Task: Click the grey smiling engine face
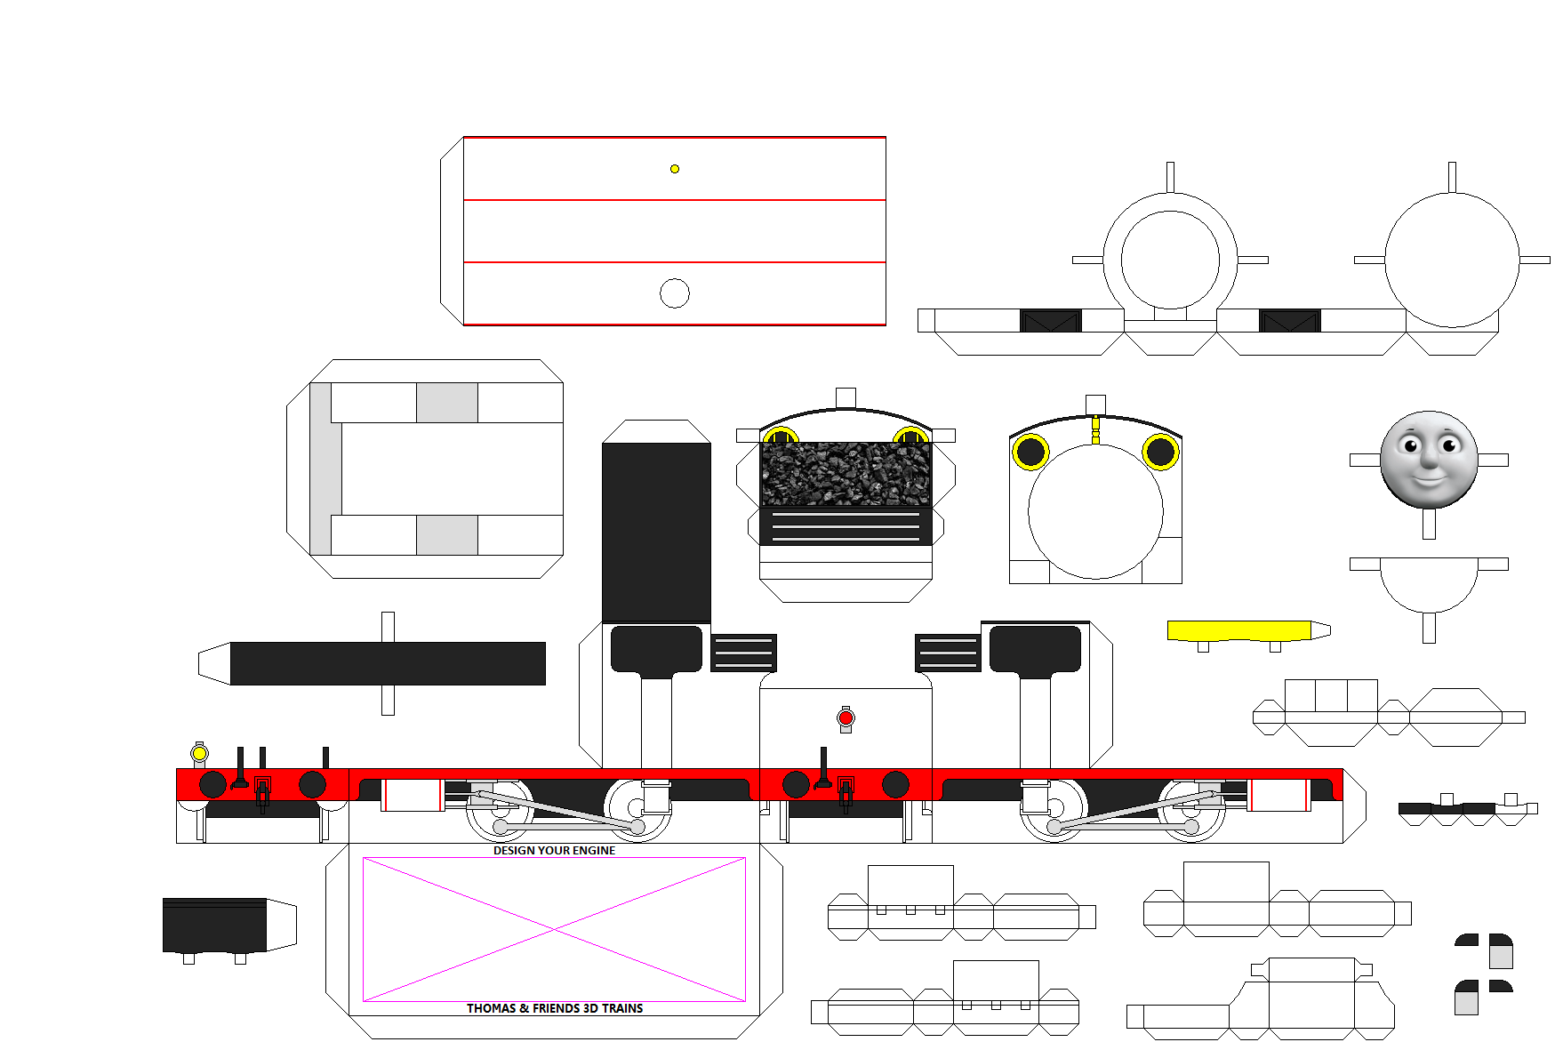[x=1429, y=460]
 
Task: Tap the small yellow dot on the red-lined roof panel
[x=675, y=169]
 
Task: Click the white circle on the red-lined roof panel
[x=675, y=293]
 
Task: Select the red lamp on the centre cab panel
[x=846, y=717]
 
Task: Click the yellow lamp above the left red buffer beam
[x=200, y=754]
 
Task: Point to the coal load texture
[x=846, y=474]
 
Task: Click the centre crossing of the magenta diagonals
[x=554, y=930]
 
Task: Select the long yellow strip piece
[x=1238, y=630]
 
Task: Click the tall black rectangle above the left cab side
[x=656, y=532]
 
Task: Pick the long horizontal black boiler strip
[x=388, y=663]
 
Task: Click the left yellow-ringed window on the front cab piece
[x=1030, y=452]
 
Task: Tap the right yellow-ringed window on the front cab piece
[x=1160, y=452]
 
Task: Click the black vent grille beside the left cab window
[x=743, y=653]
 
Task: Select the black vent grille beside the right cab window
[x=948, y=653]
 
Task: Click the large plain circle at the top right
[x=1452, y=260]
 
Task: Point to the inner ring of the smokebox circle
[x=1170, y=260]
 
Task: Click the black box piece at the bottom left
[x=214, y=925]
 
